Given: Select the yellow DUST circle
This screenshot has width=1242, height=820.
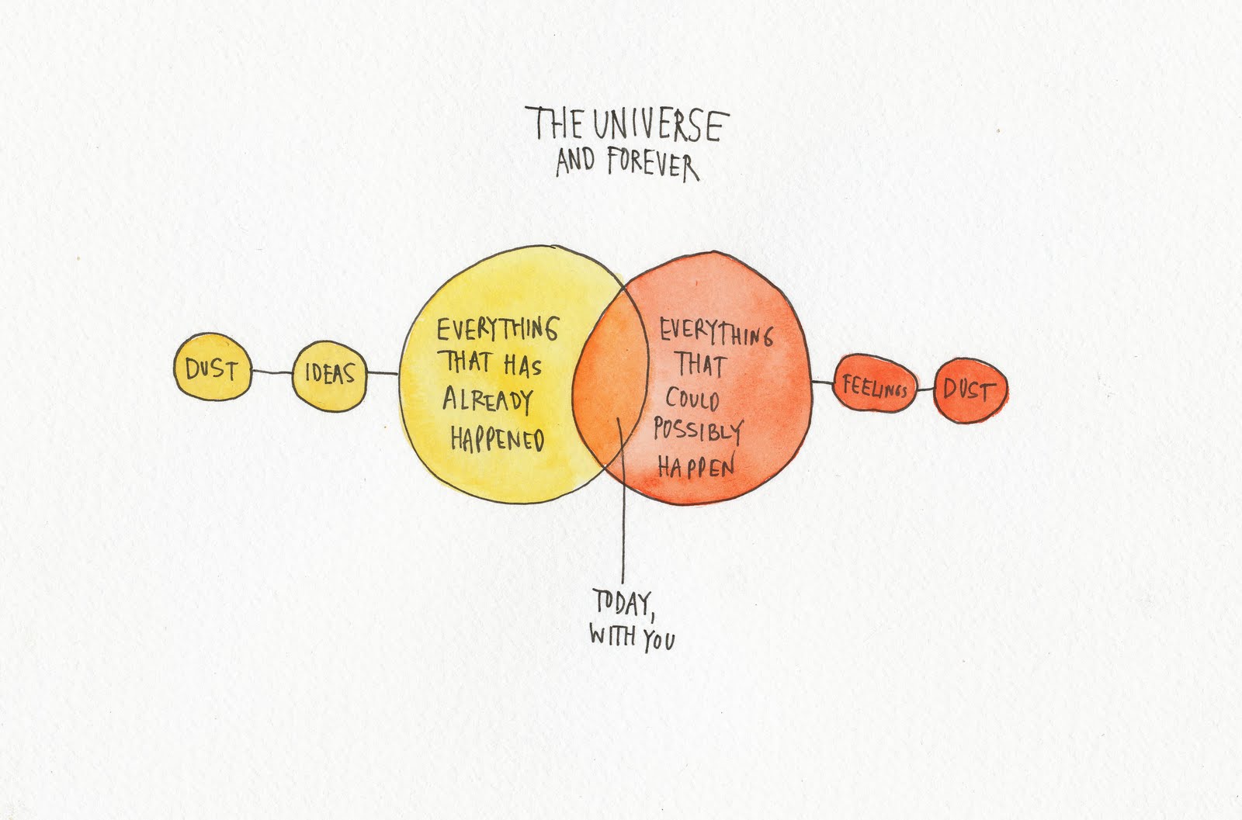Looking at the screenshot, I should tap(211, 368).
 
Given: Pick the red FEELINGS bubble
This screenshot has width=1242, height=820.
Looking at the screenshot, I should tap(874, 386).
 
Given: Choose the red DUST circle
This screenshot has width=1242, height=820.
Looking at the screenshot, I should tap(970, 389).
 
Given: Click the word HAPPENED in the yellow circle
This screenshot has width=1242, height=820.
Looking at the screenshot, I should tap(497, 439).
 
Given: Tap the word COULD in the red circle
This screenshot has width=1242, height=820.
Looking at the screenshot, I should tap(692, 400).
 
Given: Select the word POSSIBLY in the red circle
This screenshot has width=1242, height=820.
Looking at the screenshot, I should tap(697, 431).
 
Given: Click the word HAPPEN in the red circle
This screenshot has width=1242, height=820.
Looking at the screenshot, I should tap(696, 466).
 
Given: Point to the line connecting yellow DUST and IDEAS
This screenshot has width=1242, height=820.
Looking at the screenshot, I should tap(272, 372).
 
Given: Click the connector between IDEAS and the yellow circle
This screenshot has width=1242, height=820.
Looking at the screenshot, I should tap(382, 374).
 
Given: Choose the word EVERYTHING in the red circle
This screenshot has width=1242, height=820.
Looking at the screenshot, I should tap(716, 334).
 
